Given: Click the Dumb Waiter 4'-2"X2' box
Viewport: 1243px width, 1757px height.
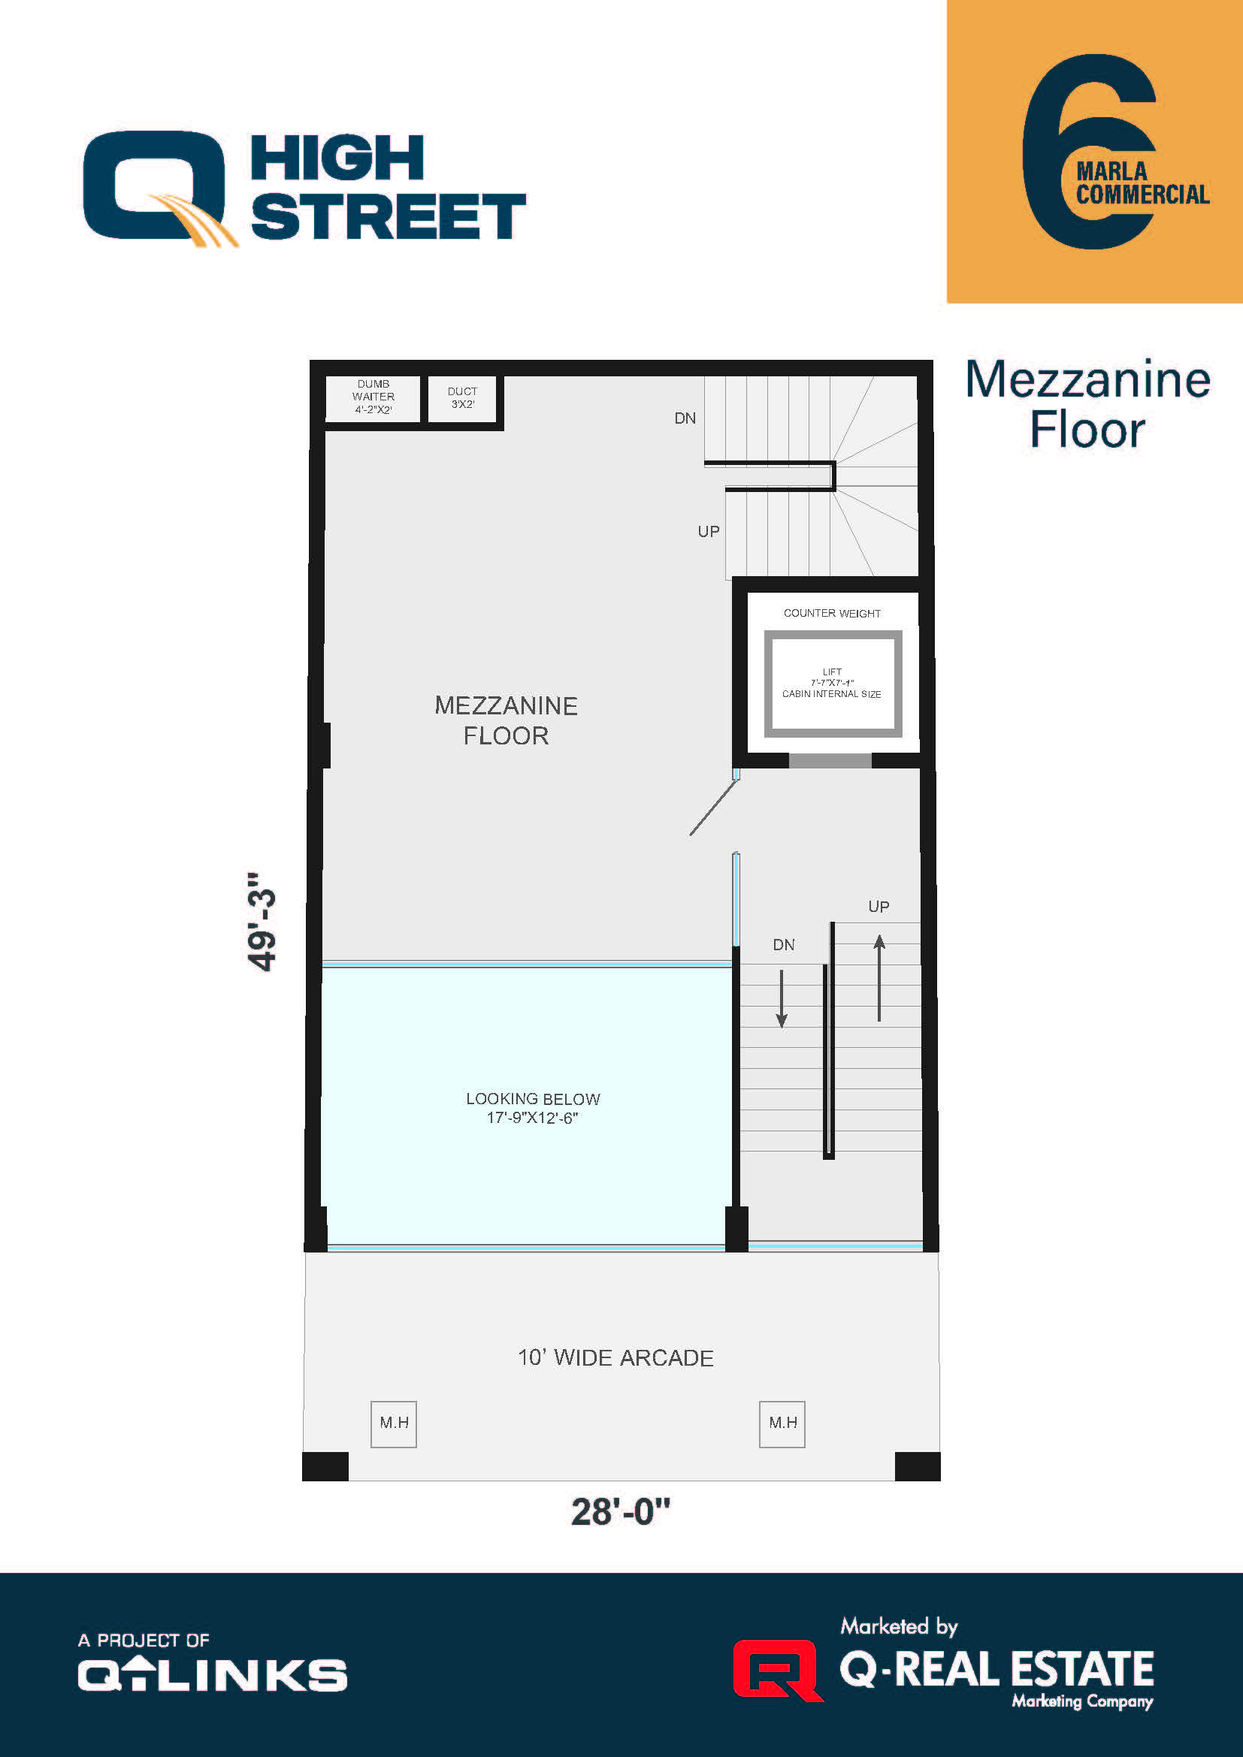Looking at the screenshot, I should (373, 397).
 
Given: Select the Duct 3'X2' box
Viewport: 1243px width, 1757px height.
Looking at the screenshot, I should (462, 398).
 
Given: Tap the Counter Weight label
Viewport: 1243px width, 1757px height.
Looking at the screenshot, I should (831, 614).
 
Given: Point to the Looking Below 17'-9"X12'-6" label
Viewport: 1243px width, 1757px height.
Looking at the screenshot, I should (533, 1108).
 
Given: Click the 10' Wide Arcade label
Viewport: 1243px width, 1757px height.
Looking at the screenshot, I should (615, 1357).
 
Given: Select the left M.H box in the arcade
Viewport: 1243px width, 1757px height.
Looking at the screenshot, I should (393, 1423).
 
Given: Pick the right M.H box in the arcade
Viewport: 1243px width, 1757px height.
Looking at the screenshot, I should (782, 1423).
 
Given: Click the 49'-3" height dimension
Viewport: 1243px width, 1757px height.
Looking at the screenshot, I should (262, 922).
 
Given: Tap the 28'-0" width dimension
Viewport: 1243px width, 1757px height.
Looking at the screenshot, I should (620, 1512).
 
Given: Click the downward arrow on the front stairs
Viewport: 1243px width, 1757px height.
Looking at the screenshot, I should (782, 998).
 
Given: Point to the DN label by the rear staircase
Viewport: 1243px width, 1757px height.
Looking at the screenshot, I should (685, 418).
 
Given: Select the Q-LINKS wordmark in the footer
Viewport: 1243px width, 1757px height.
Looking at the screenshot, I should (213, 1675).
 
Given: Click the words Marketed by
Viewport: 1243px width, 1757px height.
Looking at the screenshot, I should (899, 1626).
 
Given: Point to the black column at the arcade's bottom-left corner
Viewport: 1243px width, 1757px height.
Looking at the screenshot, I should (325, 1466).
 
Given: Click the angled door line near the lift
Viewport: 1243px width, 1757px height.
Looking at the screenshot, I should (713, 808).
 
